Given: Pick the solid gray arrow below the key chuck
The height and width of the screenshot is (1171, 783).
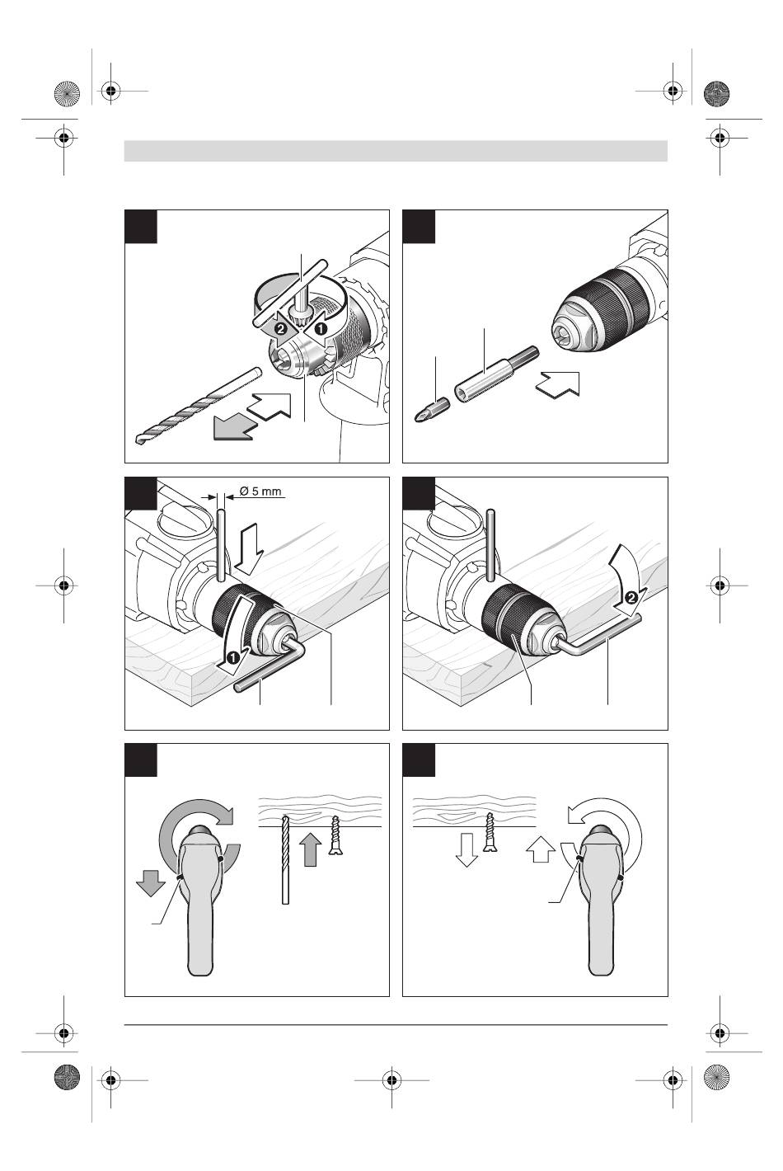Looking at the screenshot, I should [233, 427].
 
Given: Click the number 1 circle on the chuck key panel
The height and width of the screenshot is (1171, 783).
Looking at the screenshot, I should [321, 327].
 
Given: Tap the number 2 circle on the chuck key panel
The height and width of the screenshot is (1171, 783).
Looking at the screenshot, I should [281, 327].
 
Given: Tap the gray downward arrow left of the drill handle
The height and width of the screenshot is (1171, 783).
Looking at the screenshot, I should [150, 885].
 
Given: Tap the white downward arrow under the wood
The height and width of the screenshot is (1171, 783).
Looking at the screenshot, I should [466, 849].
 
